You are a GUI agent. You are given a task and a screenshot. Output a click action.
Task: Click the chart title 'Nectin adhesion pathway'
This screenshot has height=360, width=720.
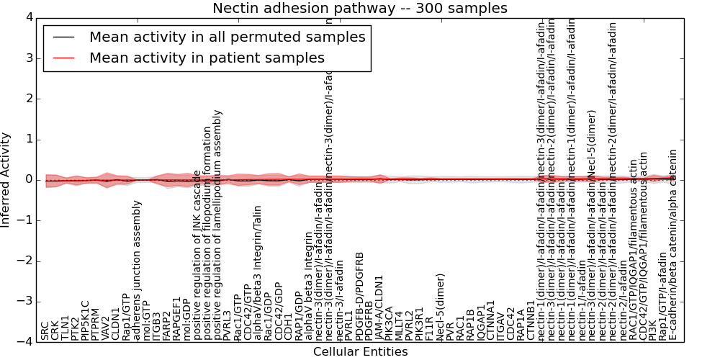(x=359, y=9)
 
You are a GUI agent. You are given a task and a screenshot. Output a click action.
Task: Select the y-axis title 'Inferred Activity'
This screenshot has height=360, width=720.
(x=6, y=179)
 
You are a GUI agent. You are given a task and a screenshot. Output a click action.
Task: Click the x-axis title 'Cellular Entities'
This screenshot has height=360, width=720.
(x=360, y=352)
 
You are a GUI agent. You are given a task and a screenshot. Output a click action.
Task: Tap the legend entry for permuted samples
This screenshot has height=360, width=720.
(x=227, y=37)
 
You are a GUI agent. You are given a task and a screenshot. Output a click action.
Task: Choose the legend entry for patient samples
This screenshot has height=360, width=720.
(x=207, y=58)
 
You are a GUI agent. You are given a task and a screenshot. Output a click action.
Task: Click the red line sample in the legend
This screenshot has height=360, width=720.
(x=63, y=58)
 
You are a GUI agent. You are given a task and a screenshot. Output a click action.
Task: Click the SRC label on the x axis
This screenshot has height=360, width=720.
(x=45, y=330)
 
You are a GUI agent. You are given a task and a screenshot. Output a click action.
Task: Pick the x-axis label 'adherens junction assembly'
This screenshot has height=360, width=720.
(x=137, y=270)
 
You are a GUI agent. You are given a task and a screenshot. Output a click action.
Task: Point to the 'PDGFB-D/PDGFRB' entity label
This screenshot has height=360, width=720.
(x=360, y=296)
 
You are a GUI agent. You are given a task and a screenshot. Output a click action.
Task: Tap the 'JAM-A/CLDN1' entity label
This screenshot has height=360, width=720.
(x=379, y=307)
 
